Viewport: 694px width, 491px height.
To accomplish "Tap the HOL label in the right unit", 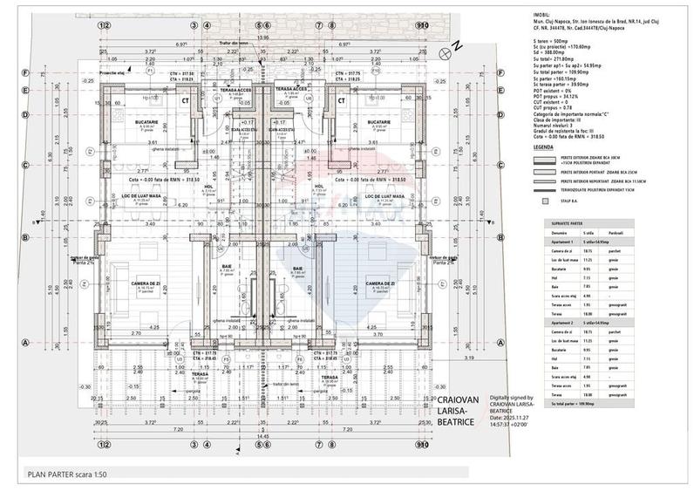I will pos(318,186).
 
